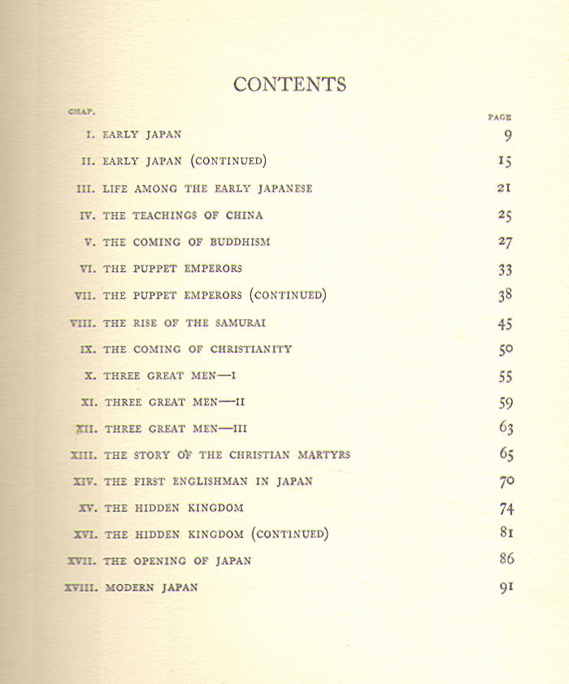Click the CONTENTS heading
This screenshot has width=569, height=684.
click(x=289, y=84)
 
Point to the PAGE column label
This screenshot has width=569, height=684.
click(x=499, y=117)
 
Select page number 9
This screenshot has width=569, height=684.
click(x=507, y=136)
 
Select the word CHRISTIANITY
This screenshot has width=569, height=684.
click(x=239, y=349)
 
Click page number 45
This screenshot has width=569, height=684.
click(x=505, y=323)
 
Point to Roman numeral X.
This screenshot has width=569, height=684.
click(x=90, y=376)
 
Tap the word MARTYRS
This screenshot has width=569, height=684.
click(x=321, y=455)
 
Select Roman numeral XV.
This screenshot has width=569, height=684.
click(x=88, y=508)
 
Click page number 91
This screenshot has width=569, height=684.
click(x=506, y=587)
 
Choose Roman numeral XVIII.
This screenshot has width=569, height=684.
click(x=80, y=587)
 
